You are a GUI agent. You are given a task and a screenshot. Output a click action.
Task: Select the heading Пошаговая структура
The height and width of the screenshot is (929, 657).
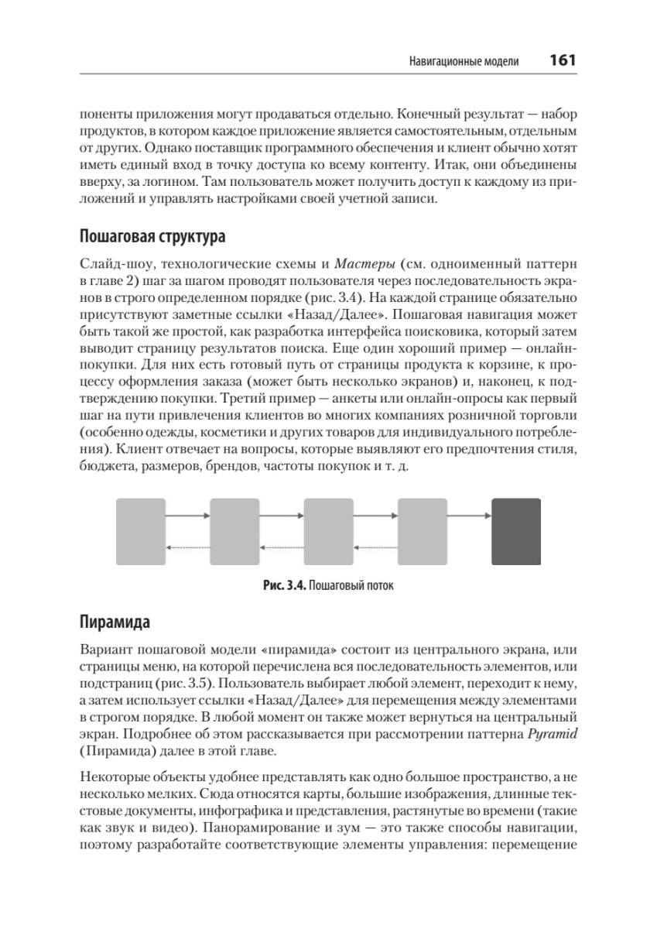pos(152,235)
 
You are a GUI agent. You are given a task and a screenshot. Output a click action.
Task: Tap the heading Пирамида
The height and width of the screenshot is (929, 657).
pos(115,623)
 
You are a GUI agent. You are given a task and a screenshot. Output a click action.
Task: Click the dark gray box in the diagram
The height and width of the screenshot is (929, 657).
pos(516,532)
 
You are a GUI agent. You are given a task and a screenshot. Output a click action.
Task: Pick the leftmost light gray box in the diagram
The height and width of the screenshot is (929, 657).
pos(140,532)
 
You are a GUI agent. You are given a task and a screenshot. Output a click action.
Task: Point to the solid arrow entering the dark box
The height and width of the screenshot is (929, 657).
pos(470,515)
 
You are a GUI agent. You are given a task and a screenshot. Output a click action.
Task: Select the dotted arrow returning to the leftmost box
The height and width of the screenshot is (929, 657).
pos(187,548)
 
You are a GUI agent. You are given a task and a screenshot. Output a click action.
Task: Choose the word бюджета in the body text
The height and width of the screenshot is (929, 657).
pos(103,467)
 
